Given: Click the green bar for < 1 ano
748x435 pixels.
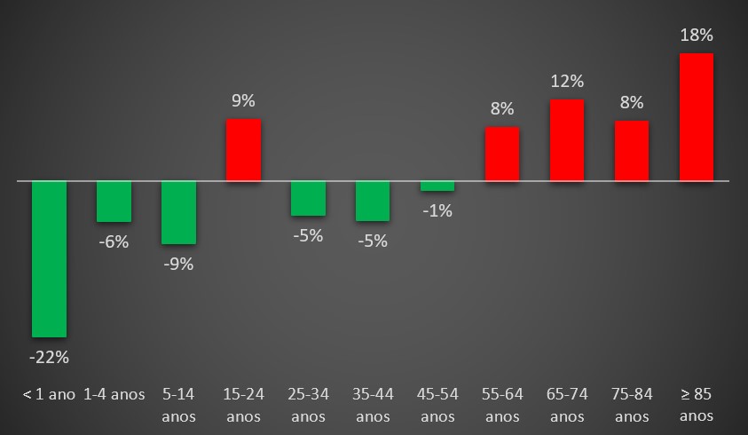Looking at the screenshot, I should click(x=50, y=259).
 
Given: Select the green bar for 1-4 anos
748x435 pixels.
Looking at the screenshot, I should click(x=114, y=202).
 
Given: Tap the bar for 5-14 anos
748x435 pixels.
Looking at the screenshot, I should click(x=178, y=212).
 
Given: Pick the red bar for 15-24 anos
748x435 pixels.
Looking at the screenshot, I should click(x=243, y=150).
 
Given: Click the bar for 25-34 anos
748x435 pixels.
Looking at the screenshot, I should click(x=308, y=198).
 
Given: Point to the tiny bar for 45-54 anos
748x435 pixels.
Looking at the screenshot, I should click(x=437, y=186).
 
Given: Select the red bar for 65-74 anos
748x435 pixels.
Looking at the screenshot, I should click(x=567, y=140).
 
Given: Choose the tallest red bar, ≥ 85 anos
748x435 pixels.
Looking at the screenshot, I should click(x=697, y=117).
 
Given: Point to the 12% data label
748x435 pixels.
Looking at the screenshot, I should click(x=567, y=82).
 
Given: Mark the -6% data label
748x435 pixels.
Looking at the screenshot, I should click(x=114, y=241).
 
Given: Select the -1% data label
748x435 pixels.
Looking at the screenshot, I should click(x=437, y=210).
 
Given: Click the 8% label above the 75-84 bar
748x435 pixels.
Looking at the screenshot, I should click(x=632, y=102).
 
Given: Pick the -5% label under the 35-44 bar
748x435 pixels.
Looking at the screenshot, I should click(x=373, y=241).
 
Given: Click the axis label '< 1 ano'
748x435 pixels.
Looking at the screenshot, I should click(x=49, y=394).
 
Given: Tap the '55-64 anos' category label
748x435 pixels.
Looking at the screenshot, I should click(x=502, y=405).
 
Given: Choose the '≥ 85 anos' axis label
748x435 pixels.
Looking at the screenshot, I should click(x=697, y=405).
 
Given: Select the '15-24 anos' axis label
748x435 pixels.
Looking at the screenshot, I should click(x=243, y=405).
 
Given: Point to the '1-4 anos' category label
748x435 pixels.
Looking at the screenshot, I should click(x=114, y=394).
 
